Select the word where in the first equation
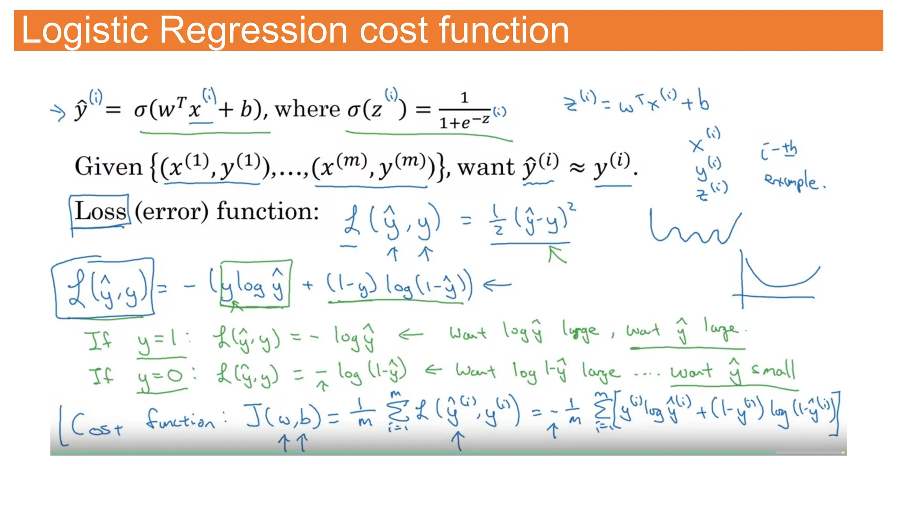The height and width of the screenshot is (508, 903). tap(307, 109)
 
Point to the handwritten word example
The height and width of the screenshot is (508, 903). tap(793, 181)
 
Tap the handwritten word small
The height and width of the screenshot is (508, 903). tap(774, 370)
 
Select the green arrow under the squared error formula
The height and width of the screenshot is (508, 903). tap(556, 254)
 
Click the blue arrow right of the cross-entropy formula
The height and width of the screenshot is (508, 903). tap(497, 285)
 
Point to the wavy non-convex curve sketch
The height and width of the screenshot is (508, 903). tap(694, 229)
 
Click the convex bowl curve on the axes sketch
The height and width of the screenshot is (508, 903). tap(780, 278)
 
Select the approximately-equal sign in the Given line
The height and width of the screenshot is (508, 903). tap(577, 168)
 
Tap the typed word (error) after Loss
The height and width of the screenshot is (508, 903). tap(172, 212)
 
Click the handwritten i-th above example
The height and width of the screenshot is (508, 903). tap(779, 150)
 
